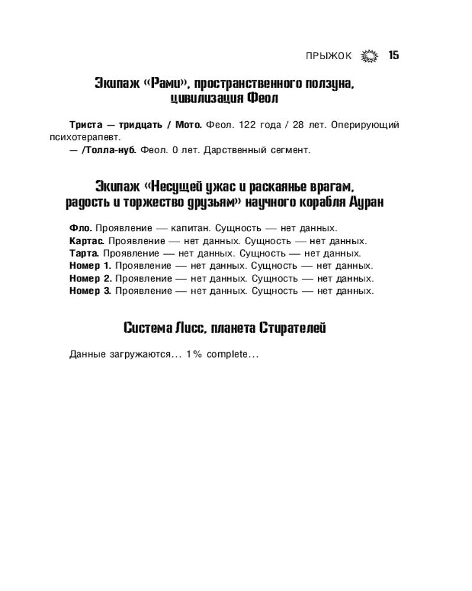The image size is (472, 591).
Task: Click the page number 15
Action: (394, 56)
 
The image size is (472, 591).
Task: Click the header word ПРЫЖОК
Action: (329, 56)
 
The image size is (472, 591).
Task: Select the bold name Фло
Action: (81, 228)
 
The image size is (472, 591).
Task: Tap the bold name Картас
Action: (87, 241)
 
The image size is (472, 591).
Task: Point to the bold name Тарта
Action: (84, 253)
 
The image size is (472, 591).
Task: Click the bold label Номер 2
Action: (90, 278)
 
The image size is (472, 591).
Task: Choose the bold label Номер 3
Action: (90, 291)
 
